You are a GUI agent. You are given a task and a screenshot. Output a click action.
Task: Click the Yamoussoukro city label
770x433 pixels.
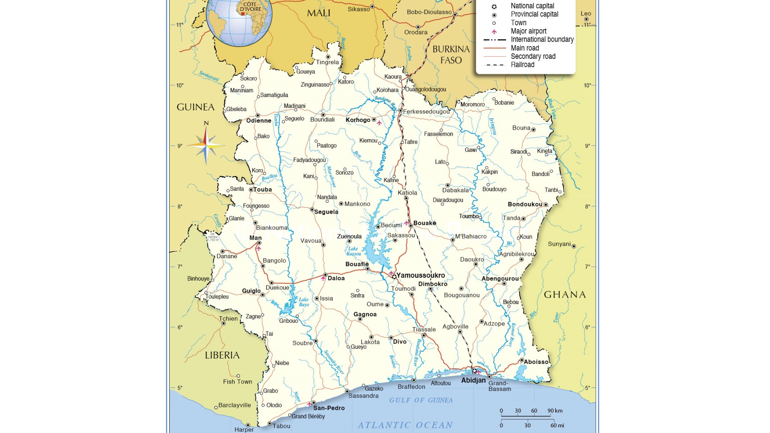(420, 275)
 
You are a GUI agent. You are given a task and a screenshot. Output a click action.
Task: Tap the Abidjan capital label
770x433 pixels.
(473, 380)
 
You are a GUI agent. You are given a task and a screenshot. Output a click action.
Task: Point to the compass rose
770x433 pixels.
(206, 145)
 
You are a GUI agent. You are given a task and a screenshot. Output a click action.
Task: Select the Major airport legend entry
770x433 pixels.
(528, 31)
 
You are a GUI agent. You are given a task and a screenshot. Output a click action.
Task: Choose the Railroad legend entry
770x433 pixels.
(522, 65)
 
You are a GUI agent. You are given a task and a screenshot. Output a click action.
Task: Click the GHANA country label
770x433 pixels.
(565, 295)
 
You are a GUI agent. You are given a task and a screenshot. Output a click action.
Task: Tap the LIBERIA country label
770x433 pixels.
(222, 355)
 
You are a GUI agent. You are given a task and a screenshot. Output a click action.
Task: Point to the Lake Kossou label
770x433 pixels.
(353, 251)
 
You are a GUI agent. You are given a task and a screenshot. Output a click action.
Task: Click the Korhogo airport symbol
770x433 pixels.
(379, 123)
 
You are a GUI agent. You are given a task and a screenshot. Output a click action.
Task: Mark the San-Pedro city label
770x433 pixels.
(329, 408)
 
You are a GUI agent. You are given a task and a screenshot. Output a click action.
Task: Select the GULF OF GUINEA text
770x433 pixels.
(421, 400)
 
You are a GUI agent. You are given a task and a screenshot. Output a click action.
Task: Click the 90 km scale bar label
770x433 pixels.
(555, 411)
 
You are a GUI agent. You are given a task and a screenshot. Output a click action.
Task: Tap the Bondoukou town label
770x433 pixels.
(525, 204)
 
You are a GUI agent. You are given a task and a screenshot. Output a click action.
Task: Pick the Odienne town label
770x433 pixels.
(259, 121)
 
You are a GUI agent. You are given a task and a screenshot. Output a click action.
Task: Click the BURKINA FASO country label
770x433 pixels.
(451, 55)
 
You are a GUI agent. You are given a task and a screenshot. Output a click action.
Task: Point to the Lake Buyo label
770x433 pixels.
(304, 302)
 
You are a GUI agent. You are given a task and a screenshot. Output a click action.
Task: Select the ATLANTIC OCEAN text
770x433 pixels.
(405, 425)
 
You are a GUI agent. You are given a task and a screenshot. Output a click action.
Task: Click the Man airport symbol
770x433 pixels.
(259, 249)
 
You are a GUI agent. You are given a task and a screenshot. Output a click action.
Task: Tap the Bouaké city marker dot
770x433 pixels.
(411, 226)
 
